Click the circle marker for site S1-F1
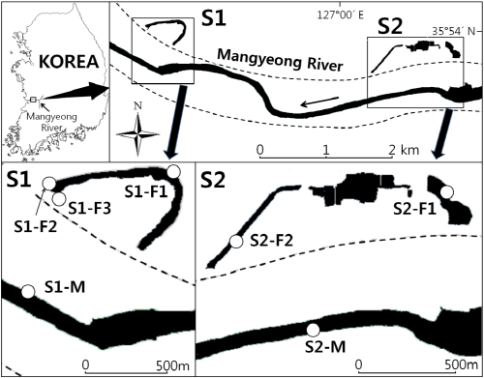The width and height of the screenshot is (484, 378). click(173, 171)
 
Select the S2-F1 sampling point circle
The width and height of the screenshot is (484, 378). click(446, 192)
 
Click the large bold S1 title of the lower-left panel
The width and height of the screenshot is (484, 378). click(19, 180)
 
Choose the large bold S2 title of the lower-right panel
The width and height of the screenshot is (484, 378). click(217, 180)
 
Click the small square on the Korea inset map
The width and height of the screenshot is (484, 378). click(34, 99)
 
